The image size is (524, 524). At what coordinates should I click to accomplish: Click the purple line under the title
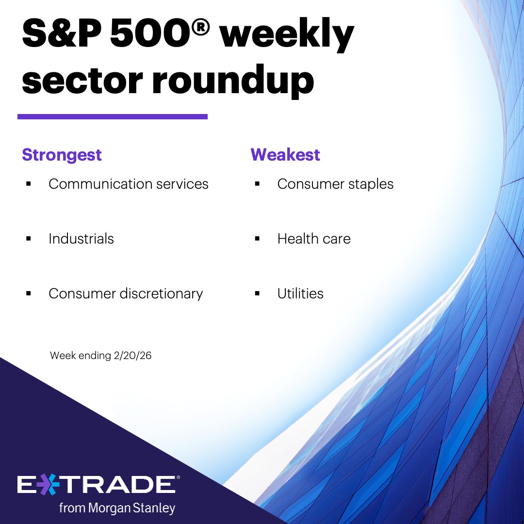tap(113, 116)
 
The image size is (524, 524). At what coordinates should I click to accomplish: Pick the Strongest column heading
tap(62, 155)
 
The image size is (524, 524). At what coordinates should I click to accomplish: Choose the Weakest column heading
tap(285, 155)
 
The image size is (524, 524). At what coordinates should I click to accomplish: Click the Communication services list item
tap(129, 184)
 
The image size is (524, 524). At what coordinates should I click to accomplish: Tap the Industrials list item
tap(81, 239)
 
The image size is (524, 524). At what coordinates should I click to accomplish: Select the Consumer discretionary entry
tap(126, 294)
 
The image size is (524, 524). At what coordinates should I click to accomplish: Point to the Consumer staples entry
tap(335, 184)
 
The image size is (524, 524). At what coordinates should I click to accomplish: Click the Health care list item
tap(314, 239)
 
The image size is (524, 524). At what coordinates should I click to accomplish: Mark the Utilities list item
tap(300, 294)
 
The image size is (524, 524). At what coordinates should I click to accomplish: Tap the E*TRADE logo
tap(97, 485)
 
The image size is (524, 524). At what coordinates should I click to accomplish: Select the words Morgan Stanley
tap(131, 508)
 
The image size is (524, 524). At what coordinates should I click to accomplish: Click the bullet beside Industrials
tap(29, 239)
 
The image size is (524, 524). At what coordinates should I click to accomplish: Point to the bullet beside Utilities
tap(257, 294)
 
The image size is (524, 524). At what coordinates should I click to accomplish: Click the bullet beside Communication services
tap(29, 184)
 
